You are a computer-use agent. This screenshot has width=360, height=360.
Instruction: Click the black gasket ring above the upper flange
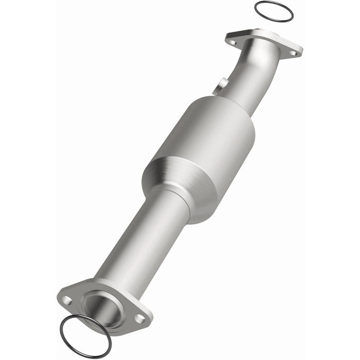point(259,5)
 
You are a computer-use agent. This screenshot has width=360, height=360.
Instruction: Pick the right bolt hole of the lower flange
point(139,319)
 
